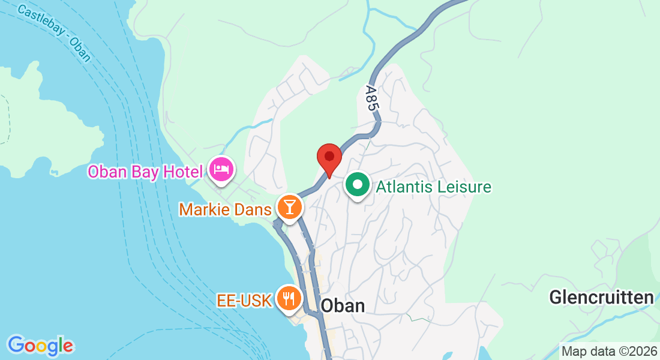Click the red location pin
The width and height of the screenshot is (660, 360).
click(x=329, y=158)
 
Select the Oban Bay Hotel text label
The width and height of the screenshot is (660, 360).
click(x=145, y=172)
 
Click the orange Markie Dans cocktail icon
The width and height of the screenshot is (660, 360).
click(x=290, y=208)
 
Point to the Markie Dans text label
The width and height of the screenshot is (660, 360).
click(x=226, y=209)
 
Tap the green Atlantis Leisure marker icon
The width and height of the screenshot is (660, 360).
click(x=358, y=185)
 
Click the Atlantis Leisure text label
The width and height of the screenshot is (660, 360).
click(x=433, y=187)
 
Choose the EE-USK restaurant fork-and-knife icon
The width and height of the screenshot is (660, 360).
click(x=289, y=298)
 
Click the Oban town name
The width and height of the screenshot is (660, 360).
click(x=343, y=305)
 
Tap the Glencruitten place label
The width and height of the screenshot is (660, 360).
click(x=601, y=298)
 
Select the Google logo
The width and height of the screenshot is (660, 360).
click(x=40, y=345)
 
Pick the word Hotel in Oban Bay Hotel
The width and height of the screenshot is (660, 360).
click(x=182, y=172)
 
